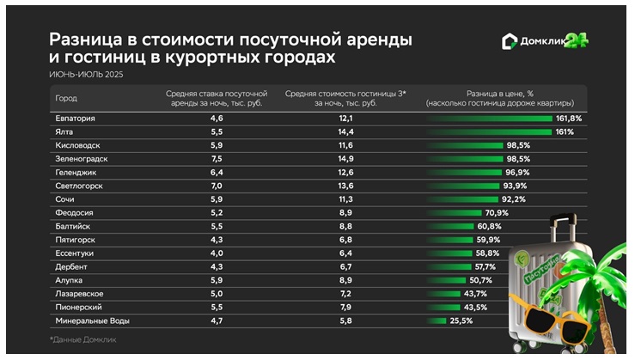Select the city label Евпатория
[x=74, y=118]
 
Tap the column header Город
[x=65, y=97]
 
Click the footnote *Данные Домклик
[x=82, y=340]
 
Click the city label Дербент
[x=69, y=267]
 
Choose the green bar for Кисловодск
[x=465, y=145]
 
